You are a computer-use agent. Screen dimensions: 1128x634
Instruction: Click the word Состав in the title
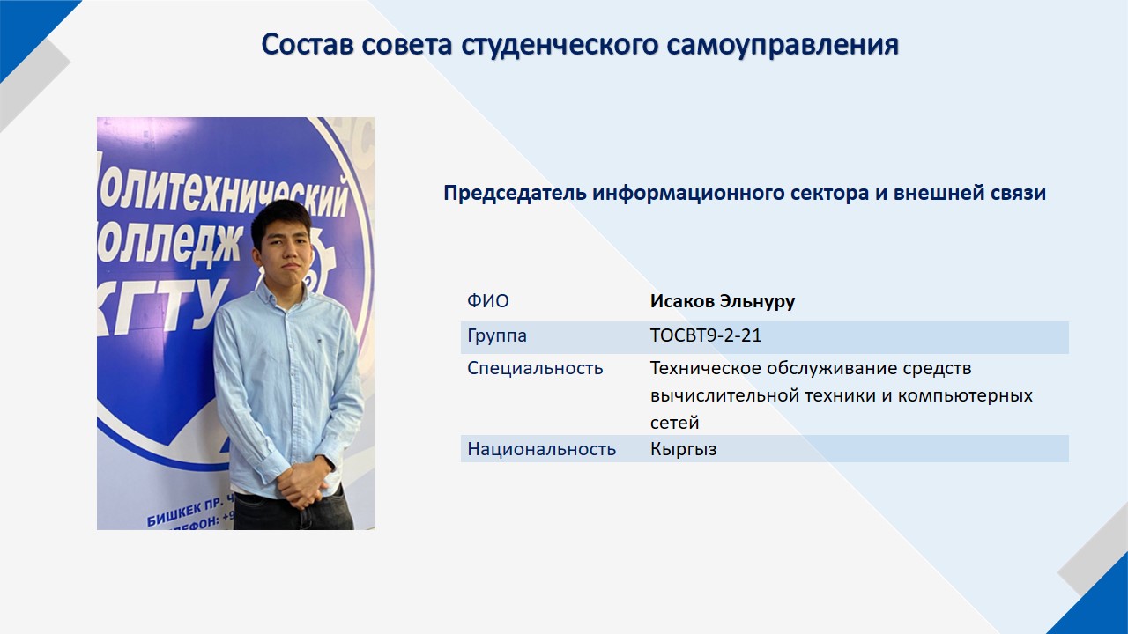(307, 44)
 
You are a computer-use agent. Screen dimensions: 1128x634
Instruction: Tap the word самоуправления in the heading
(783, 45)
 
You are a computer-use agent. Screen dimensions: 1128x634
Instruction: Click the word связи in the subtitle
(1018, 193)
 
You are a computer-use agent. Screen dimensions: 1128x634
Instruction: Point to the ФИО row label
(488, 301)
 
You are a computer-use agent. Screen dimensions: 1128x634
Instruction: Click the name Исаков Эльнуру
(722, 301)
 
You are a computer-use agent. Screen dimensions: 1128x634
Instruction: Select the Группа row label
(497, 335)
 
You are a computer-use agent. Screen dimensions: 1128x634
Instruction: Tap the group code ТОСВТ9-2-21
(706, 335)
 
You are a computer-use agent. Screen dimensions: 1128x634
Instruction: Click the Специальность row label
(535, 369)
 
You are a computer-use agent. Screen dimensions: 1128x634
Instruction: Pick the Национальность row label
(541, 449)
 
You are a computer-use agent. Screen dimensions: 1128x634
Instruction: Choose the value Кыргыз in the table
(683, 449)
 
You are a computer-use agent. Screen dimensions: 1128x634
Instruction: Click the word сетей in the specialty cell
(674, 424)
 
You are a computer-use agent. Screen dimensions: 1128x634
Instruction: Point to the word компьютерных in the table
(965, 396)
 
